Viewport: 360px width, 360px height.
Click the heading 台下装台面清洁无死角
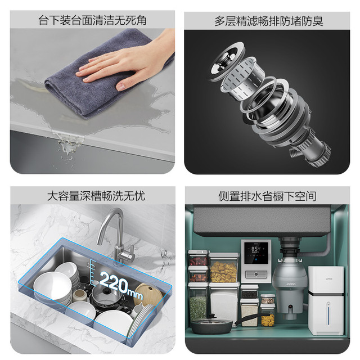click(92, 20)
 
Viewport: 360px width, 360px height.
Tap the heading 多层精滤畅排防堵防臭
click(269, 21)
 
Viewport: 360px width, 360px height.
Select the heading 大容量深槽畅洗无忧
click(96, 196)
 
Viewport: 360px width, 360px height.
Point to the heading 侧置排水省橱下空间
click(267, 196)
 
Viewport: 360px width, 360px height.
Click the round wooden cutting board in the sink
click(146, 293)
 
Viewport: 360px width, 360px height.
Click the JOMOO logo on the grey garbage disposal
click(291, 284)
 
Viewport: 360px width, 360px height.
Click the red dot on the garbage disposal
click(291, 307)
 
